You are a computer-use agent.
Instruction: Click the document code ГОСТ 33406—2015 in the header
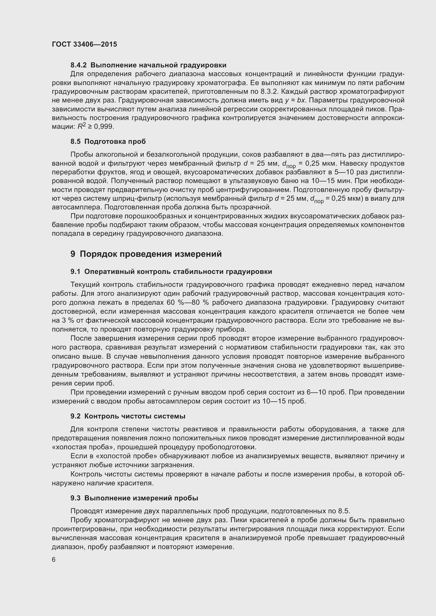point(84,44)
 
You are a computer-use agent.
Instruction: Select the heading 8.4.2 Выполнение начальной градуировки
point(148,65)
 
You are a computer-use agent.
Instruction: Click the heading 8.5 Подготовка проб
point(108,141)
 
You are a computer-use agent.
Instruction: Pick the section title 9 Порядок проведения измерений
point(146,254)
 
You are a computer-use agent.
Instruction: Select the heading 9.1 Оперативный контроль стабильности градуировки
point(171,272)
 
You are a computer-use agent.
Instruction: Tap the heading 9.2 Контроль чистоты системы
point(128,416)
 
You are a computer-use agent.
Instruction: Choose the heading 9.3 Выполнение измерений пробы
point(134,498)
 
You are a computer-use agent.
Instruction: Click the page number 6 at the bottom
point(54,560)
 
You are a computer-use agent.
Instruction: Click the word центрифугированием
point(253,190)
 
